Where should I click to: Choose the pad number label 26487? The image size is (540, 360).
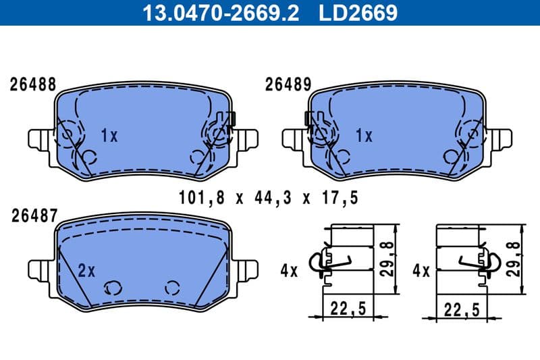coord(32,215)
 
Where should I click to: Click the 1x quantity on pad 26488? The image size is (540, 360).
coord(109,136)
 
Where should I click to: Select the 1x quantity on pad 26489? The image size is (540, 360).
coord(364,136)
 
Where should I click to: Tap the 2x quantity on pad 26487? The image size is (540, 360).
coord(87,271)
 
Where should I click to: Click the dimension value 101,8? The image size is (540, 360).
coord(197,198)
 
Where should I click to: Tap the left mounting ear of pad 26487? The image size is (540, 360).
coord(39,268)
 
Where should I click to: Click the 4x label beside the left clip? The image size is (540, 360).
coord(289,271)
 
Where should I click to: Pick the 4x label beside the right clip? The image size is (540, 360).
coord(421,271)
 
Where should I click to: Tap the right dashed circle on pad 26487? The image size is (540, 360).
coord(172,286)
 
